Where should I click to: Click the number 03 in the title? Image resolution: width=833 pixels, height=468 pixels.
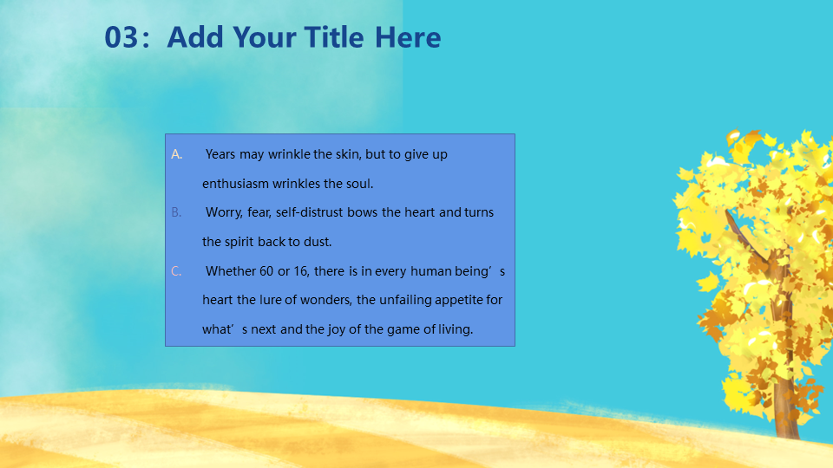[121, 37]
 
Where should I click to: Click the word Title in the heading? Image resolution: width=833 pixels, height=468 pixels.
[335, 37]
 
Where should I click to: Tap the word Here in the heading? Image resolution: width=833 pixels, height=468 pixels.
[408, 37]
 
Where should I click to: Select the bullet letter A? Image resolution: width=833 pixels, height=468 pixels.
[176, 154]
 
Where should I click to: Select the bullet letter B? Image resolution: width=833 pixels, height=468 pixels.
[176, 212]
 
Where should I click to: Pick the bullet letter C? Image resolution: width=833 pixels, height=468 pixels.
[176, 271]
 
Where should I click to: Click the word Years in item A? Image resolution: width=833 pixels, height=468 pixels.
[220, 154]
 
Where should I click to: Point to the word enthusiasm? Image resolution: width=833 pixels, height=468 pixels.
[235, 184]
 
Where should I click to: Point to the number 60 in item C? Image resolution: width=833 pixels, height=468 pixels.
[266, 271]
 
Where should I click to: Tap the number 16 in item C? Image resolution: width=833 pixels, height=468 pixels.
[301, 271]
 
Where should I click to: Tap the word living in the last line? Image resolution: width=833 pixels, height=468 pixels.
[456, 329]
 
